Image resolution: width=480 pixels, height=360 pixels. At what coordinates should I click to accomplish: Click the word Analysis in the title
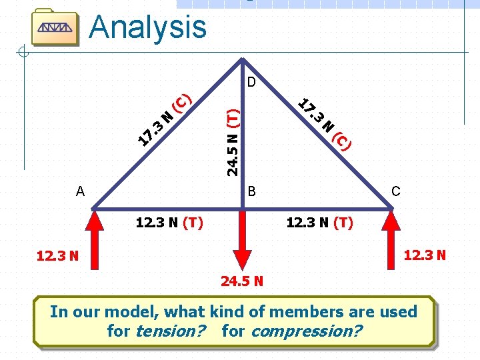147,27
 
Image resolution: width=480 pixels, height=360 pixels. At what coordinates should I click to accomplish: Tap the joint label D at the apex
251,83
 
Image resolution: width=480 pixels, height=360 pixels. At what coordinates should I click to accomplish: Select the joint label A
81,191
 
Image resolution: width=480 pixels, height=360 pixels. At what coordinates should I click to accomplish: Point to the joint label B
252,191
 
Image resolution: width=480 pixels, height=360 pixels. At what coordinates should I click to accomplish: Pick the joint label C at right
395,191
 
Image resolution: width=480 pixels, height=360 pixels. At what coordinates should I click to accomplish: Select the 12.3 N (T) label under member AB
169,223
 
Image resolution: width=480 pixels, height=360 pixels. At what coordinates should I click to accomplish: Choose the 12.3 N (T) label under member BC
320,223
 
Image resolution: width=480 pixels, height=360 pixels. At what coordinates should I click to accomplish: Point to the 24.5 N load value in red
242,281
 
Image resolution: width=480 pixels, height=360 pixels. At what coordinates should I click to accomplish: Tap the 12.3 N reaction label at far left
57,255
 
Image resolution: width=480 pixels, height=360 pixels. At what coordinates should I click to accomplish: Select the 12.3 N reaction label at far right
424,255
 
